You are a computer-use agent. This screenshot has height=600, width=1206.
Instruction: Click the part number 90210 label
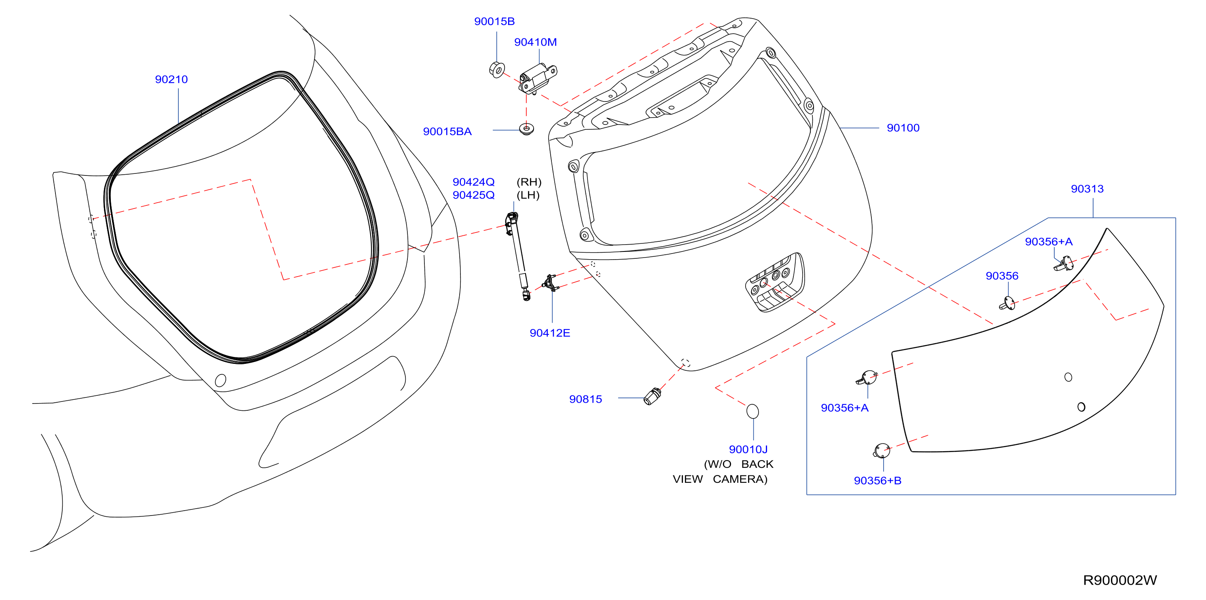[172, 80]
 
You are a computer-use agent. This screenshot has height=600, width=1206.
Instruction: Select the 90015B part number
[494, 21]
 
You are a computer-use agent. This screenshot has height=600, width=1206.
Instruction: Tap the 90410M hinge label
[536, 42]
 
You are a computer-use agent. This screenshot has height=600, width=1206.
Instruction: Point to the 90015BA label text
[447, 131]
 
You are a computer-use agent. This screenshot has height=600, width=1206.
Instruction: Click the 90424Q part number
[473, 182]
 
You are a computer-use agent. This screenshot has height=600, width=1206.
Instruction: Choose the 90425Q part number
[473, 195]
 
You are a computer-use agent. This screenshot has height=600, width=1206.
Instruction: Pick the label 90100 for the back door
[903, 128]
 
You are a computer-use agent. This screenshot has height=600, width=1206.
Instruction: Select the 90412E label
[550, 333]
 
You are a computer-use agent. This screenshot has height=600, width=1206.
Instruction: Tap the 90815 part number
[585, 399]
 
